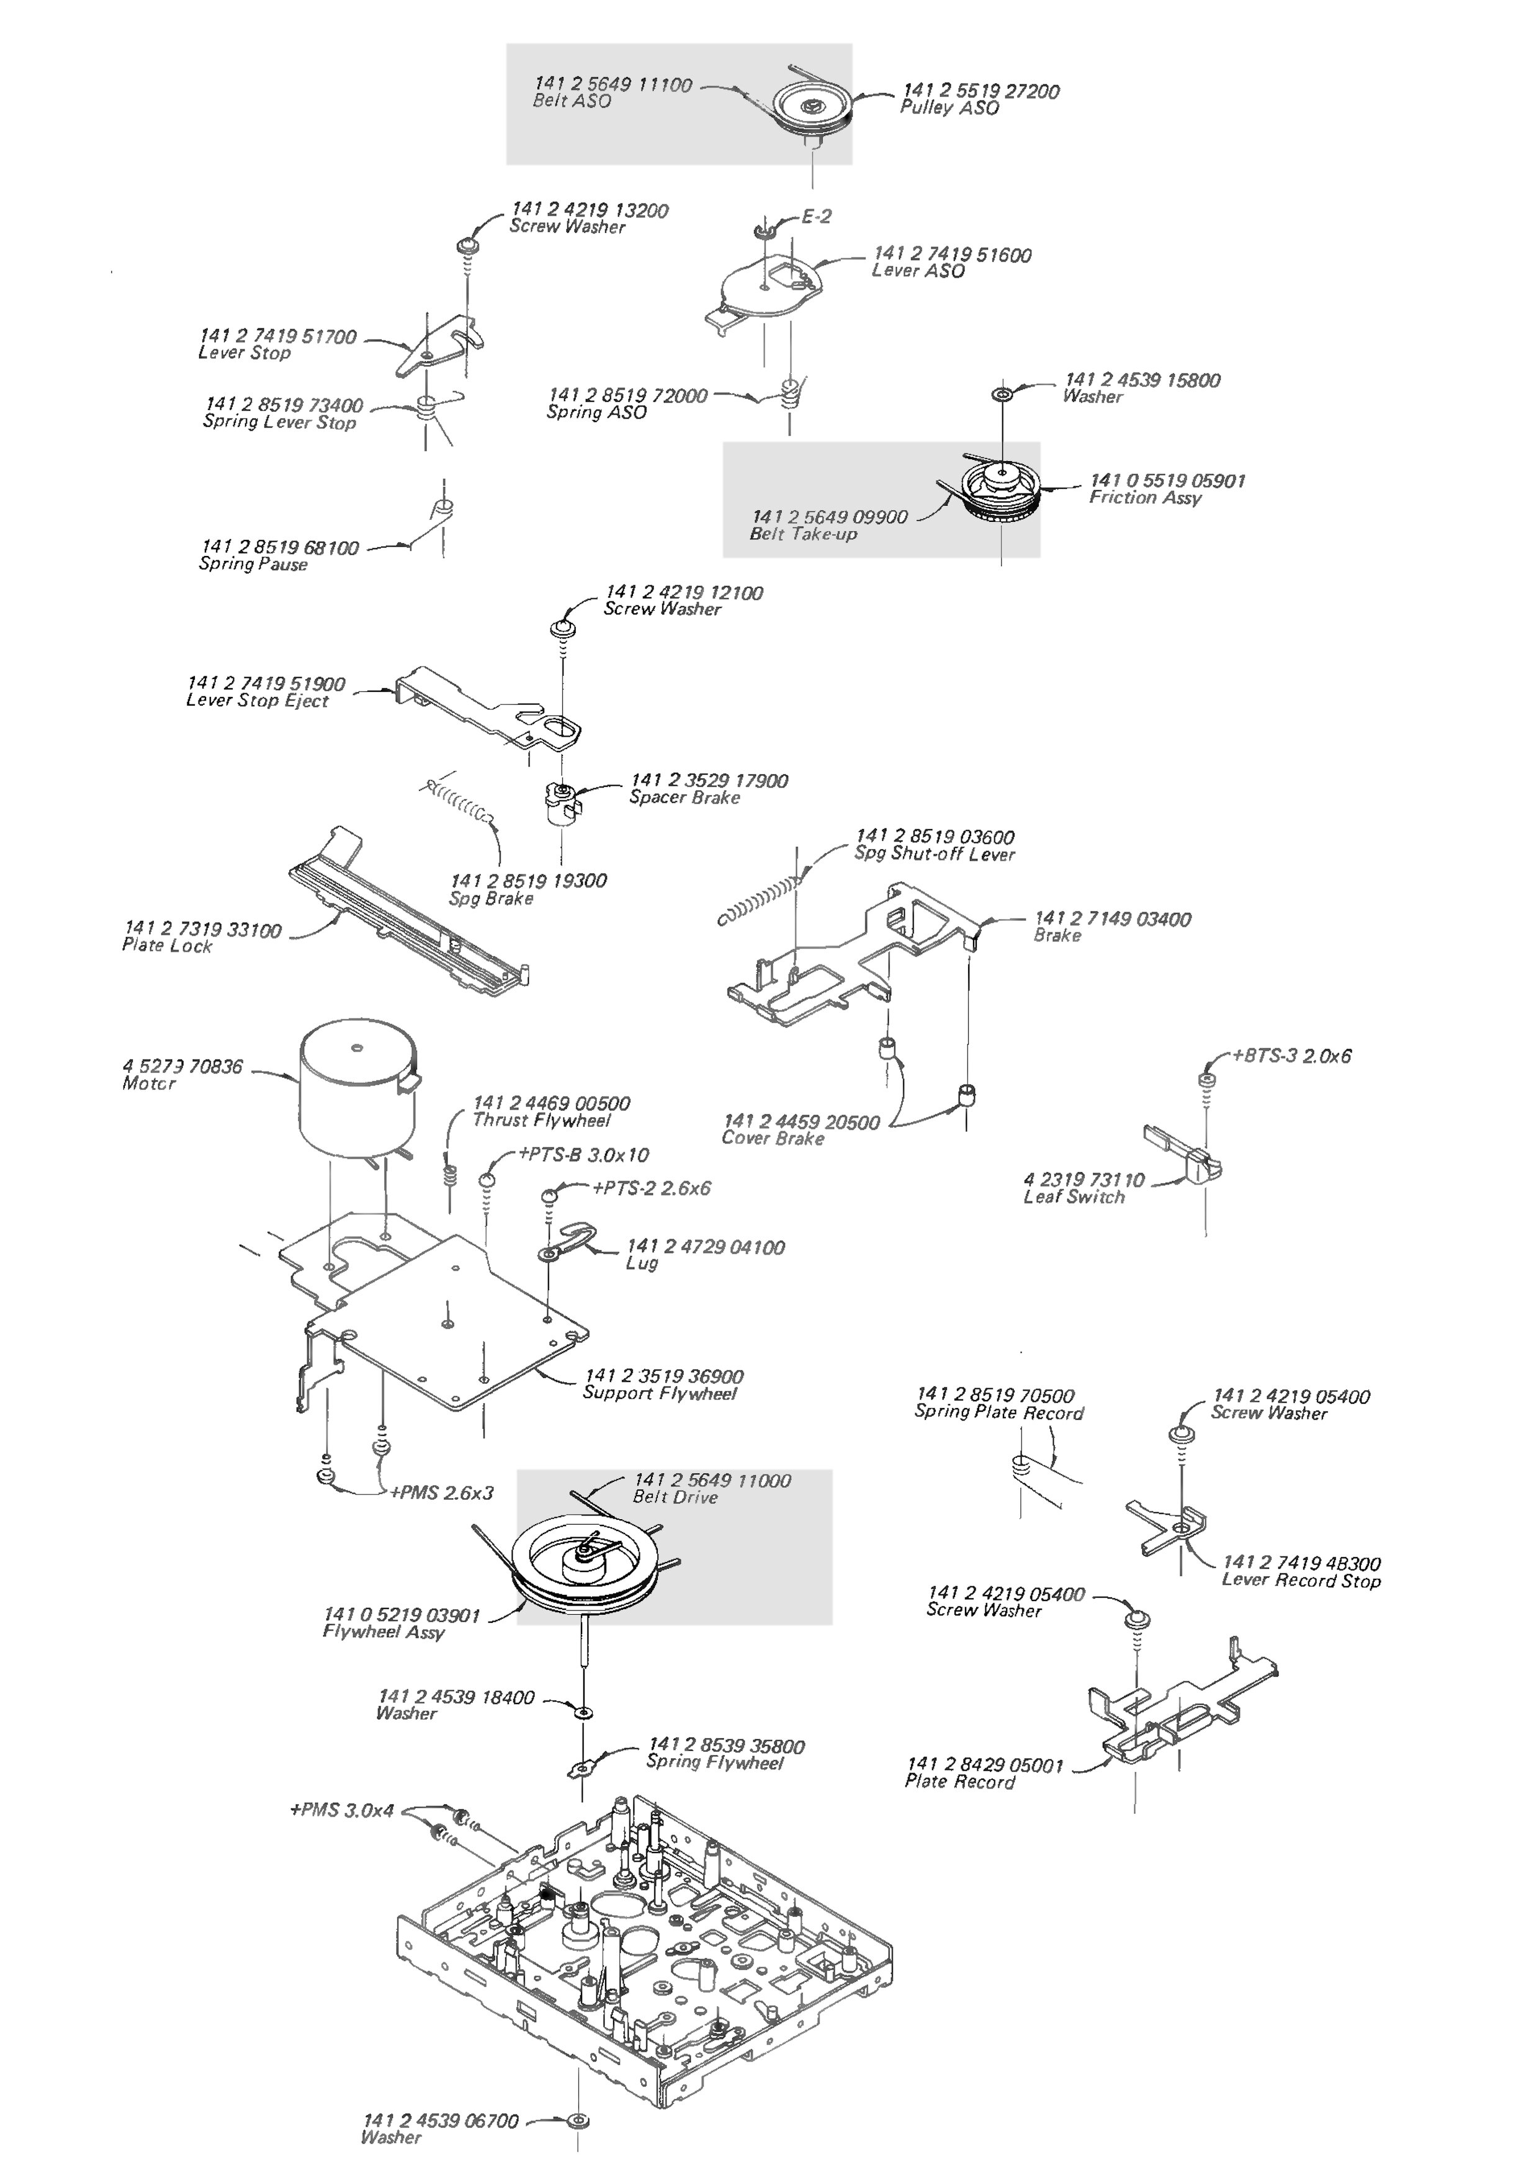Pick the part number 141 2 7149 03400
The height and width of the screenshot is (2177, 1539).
(x=1112, y=919)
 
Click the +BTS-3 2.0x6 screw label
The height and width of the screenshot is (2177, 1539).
(x=1291, y=1056)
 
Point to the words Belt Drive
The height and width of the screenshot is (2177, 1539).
(x=675, y=1497)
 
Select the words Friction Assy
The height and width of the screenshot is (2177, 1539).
(x=1144, y=498)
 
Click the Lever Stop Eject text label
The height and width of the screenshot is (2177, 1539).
(x=257, y=701)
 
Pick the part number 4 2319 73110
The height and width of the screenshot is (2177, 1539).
(x=1084, y=1180)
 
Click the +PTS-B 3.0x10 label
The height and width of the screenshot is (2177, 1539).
(x=583, y=1155)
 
